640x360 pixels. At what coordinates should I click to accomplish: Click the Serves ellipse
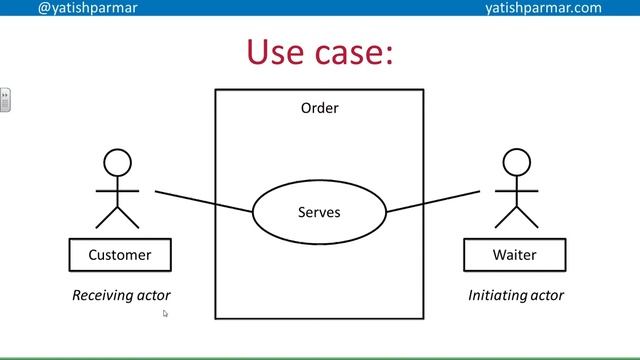coord(319,212)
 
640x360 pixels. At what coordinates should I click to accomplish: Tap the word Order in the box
coord(319,108)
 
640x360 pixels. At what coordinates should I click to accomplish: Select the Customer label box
coord(120,255)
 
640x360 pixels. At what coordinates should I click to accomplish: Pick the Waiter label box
coord(514,255)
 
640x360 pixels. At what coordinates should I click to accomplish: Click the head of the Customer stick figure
coord(118,162)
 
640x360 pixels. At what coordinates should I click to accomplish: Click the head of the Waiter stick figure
coord(515,162)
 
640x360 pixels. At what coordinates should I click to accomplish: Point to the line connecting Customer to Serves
coord(204,200)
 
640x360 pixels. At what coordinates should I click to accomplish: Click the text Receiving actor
coord(121,295)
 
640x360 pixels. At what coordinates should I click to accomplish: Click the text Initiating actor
coord(516,295)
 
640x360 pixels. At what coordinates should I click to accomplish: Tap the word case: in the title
coord(355,51)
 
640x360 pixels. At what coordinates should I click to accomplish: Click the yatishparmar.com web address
coord(543,8)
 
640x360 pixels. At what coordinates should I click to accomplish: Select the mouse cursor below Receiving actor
coord(166,314)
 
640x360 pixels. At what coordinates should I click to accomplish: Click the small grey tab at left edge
coord(5,100)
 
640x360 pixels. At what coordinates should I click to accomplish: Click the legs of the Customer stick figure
coord(118,217)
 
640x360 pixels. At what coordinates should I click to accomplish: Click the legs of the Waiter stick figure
coord(515,217)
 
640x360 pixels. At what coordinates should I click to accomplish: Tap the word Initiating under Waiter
coord(496,295)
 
